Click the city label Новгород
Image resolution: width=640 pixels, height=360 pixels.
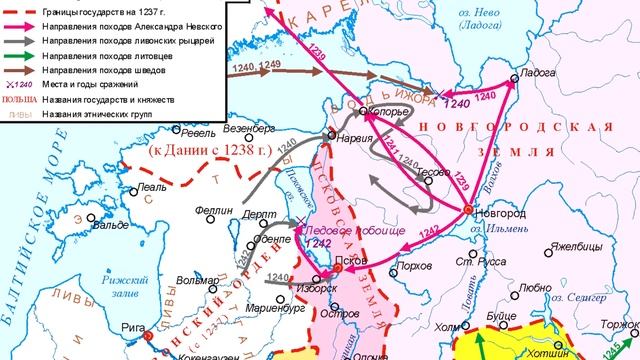tap(501, 215)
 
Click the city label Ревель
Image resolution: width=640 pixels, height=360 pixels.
tap(199, 133)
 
